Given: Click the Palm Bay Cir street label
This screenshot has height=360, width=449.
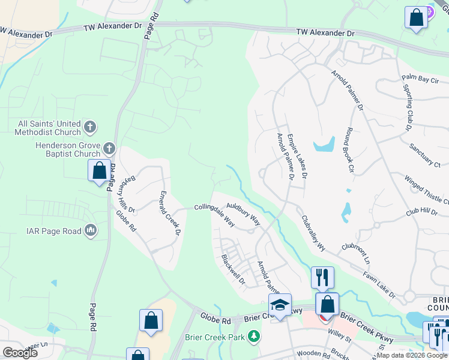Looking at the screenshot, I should pyautogui.click(x=420, y=79).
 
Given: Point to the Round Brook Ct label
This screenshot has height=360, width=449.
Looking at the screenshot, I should pyautogui.click(x=349, y=149).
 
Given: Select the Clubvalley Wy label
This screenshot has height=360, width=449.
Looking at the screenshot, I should pyautogui.click(x=313, y=233).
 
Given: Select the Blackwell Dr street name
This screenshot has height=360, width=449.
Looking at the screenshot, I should pyautogui.click(x=234, y=270).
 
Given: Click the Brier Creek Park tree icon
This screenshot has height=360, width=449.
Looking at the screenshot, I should pyautogui.click(x=255, y=337).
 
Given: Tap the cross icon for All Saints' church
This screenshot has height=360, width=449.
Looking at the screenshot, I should pyautogui.click(x=89, y=127).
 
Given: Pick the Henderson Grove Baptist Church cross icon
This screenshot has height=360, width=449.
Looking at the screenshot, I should pyautogui.click(x=109, y=148).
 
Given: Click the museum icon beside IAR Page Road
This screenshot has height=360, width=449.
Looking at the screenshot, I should pyautogui.click(x=91, y=230).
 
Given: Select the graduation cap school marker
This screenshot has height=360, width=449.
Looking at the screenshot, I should pyautogui.click(x=280, y=305).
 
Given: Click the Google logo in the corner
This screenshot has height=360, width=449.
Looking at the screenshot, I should pyautogui.click(x=20, y=353).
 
